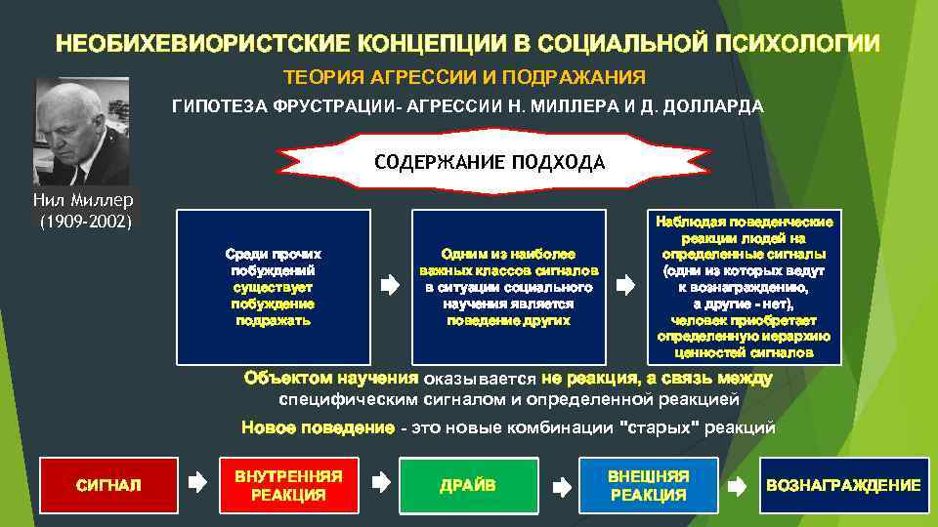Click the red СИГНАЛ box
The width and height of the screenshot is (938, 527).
(107, 485)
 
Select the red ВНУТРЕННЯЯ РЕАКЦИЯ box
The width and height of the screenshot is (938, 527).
(288, 485)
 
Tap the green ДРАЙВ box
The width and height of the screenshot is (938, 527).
(468, 485)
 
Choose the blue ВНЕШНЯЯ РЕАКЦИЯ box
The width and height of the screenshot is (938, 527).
(649, 485)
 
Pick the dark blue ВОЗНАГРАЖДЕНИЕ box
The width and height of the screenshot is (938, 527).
(843, 485)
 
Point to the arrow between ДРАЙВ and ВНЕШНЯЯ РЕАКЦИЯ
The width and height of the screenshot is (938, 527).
(561, 482)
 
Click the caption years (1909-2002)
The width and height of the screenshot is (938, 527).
(85, 222)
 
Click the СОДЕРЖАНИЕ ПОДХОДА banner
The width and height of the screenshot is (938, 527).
(490, 162)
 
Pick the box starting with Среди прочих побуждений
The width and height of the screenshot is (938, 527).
(275, 286)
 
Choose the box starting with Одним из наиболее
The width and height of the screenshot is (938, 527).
(508, 286)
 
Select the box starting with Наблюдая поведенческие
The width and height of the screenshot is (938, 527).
(745, 286)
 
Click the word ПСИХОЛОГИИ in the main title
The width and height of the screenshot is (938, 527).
(797, 44)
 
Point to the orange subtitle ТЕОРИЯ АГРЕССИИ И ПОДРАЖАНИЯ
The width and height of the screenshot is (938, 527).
(464, 77)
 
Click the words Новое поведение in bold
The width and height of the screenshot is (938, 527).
(318, 427)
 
